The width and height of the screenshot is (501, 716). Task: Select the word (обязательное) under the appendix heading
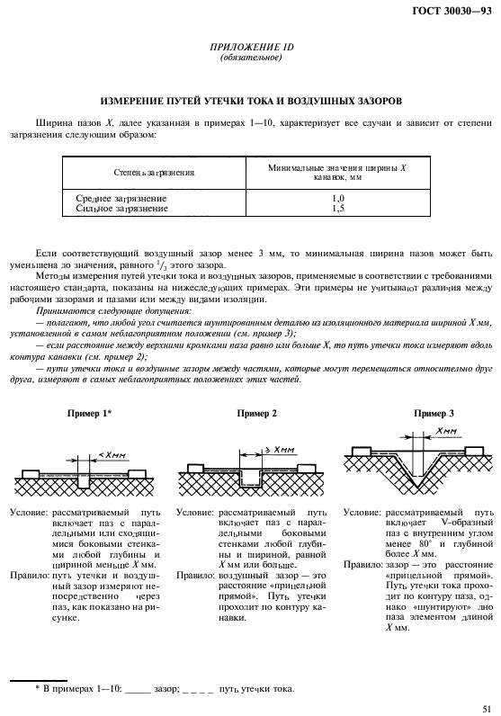point(251,58)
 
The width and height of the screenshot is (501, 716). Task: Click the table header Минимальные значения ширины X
point(337,166)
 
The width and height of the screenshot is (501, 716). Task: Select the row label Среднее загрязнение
point(117,197)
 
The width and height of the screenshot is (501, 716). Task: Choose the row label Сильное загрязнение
point(117,208)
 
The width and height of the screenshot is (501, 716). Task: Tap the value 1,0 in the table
point(338,197)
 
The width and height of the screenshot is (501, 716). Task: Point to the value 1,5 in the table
point(338,208)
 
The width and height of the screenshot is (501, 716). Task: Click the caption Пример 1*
point(89,413)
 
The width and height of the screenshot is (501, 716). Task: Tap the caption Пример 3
point(434,413)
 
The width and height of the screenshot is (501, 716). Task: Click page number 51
point(486,708)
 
